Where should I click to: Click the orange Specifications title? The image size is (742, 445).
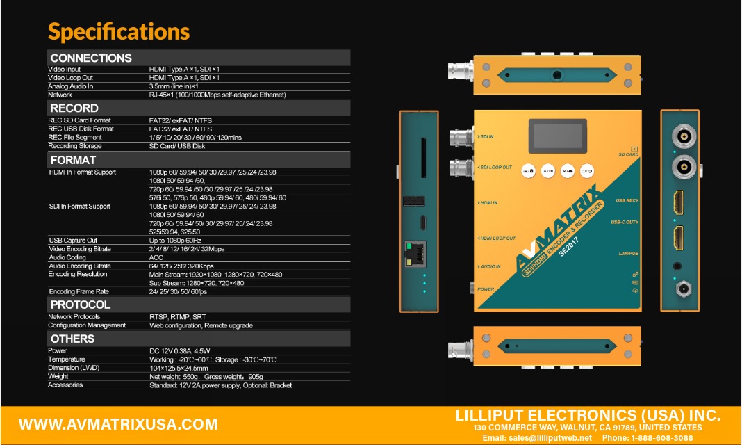coord(119,32)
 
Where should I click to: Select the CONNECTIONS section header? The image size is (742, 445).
coord(91,58)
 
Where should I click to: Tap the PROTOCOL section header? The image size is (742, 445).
coord(81,305)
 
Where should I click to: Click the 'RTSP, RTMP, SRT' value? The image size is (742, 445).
coord(177,316)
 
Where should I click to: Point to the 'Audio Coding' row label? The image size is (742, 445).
coord(67,257)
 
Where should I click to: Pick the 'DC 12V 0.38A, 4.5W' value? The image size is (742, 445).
coord(180,351)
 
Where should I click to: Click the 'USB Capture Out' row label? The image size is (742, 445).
coord(73,241)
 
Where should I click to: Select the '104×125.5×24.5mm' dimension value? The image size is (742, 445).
coord(179,368)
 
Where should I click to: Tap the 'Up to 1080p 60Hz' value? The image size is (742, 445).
coord(175,241)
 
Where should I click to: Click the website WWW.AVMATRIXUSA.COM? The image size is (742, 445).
coord(118,424)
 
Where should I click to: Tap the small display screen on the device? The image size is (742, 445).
coord(557,136)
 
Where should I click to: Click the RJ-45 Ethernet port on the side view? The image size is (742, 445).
coord(415,254)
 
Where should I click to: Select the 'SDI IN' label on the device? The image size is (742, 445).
coord(486,136)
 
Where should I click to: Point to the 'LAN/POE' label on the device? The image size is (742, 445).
coord(629,254)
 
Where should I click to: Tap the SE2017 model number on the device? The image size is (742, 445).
coord(569,247)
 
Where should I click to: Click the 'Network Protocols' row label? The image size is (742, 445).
coord(74,316)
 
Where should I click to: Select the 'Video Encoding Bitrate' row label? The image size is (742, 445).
coord(80,249)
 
